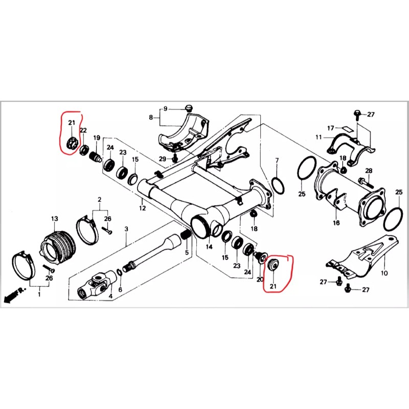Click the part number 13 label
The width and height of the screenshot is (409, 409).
point(54,219)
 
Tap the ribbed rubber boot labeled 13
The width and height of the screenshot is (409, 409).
point(58,245)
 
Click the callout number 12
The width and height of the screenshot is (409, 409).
point(143,208)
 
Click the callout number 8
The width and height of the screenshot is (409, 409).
point(151,118)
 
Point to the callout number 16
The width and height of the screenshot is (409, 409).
point(336,223)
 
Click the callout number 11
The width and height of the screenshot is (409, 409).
point(318,137)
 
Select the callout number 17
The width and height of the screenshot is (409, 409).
point(331,128)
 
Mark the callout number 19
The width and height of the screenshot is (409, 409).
point(97,138)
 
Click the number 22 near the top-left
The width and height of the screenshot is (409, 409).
point(83,131)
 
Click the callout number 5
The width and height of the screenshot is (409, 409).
point(187,252)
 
